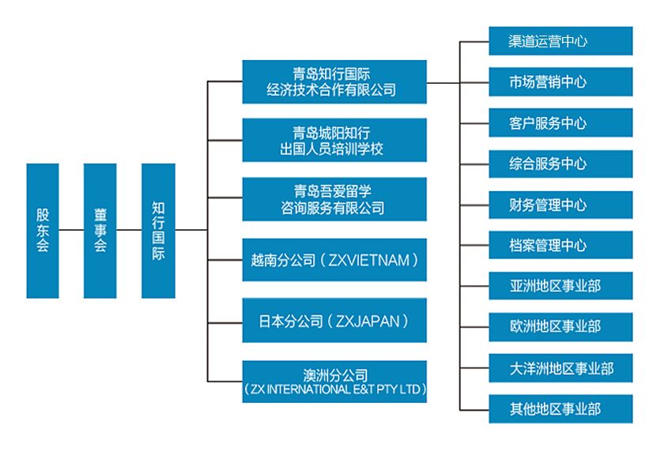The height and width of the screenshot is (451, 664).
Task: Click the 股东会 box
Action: (x=42, y=231)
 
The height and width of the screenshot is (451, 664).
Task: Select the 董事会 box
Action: (x=100, y=231)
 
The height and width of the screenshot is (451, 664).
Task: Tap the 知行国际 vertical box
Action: (x=158, y=231)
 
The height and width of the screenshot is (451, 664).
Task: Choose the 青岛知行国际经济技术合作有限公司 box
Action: (x=334, y=82)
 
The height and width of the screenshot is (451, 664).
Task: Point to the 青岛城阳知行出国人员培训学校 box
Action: (x=334, y=141)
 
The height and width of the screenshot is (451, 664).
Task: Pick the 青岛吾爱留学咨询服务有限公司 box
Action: (x=334, y=200)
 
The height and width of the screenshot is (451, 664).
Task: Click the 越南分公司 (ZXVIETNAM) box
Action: (x=334, y=260)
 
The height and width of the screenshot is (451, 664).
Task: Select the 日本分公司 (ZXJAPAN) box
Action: (x=334, y=320)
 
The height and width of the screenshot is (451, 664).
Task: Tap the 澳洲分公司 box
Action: (x=334, y=381)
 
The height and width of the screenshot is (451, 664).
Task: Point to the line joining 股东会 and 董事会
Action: (x=71, y=231)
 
